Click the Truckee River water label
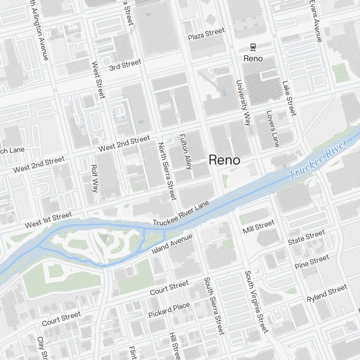(x=318, y=159)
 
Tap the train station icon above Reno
(x=253, y=46)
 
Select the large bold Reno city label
(x=224, y=160)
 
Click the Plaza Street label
(x=206, y=34)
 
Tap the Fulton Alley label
(x=185, y=152)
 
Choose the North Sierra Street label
(x=167, y=171)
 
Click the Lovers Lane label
(x=273, y=129)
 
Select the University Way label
(x=243, y=103)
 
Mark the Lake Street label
(x=289, y=98)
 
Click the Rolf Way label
(x=95, y=179)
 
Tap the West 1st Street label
(x=48, y=220)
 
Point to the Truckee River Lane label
(x=181, y=214)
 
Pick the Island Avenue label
(x=172, y=244)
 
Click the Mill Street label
(x=258, y=227)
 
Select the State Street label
(x=306, y=238)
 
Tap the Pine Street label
(x=312, y=262)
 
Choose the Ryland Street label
(x=327, y=293)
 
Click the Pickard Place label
(x=169, y=310)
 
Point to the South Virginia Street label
(x=256, y=302)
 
